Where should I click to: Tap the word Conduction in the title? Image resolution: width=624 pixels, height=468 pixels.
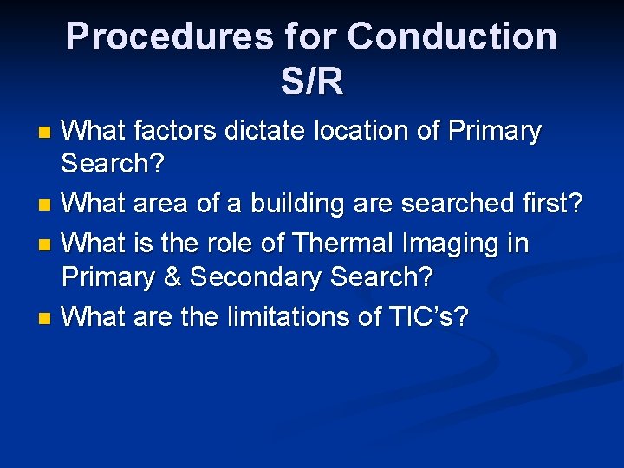(452, 37)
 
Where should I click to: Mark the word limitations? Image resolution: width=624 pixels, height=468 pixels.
(284, 317)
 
